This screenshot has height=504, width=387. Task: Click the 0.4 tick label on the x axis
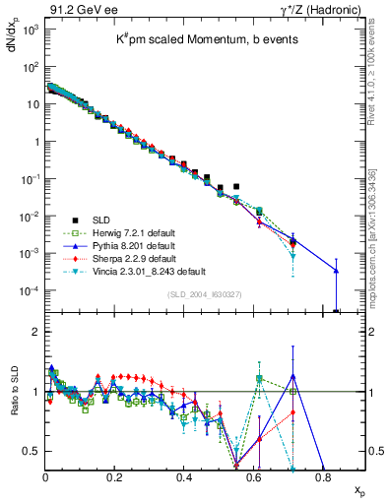tap(184, 477)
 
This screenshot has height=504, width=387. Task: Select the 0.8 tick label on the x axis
tap(323, 477)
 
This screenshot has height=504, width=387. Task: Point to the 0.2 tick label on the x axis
tap(115, 477)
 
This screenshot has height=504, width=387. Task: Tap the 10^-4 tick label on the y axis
tap(30, 290)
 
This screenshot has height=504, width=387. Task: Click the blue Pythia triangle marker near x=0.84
tap(336, 271)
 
